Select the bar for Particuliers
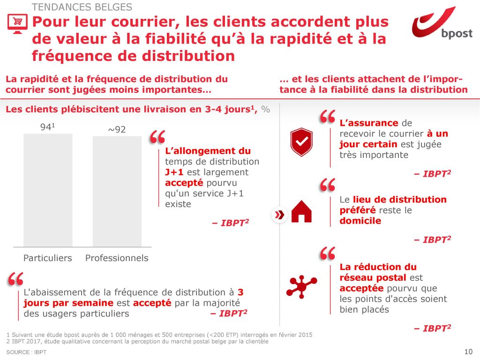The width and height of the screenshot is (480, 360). (x=48, y=190)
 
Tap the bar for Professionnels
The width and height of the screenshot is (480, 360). (x=117, y=191)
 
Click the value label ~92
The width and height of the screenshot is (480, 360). (x=117, y=130)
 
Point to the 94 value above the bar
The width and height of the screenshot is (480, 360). (x=46, y=127)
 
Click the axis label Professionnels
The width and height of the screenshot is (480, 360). (x=117, y=258)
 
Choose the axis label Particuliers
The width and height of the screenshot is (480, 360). (x=48, y=258)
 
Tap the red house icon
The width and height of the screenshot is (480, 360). (x=301, y=212)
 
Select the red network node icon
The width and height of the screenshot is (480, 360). (x=301, y=285)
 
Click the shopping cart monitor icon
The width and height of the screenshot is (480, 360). (x=16, y=23)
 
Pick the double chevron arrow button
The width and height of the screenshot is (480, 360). (x=280, y=215)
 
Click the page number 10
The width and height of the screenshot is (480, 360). (x=467, y=352)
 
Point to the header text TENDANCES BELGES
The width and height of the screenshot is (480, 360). (x=82, y=7)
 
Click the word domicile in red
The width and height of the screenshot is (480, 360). (x=360, y=221)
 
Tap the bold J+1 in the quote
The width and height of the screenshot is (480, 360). (x=174, y=172)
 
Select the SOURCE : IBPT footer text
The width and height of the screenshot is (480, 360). (x=26, y=352)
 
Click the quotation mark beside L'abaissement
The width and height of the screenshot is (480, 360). (x=15, y=279)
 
